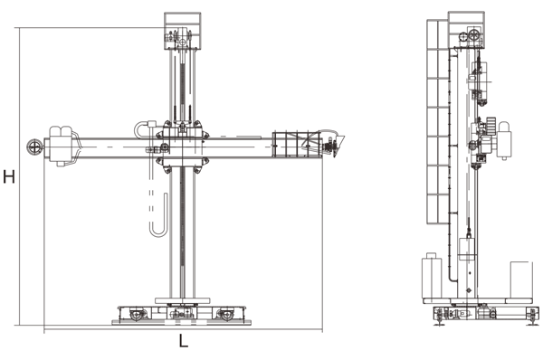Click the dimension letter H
[9, 176]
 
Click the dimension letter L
[184, 341]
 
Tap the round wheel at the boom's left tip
[33, 147]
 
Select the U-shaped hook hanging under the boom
[159, 222]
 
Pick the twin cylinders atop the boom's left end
[61, 131]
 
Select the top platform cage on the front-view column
[182, 31]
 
